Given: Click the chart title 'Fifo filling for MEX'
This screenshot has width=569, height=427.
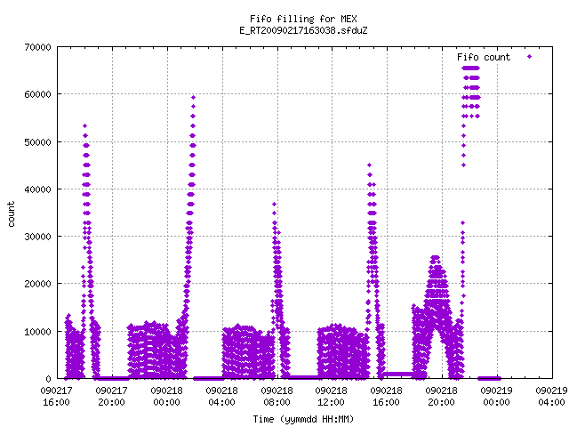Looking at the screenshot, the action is [303, 19].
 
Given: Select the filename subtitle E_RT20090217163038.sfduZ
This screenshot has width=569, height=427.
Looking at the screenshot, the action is [303, 30].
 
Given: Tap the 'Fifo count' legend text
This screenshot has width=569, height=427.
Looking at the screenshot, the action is [484, 57].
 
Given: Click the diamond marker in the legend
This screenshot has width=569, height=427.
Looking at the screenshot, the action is [530, 56].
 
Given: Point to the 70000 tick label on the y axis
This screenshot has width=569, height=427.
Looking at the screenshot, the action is [37, 47].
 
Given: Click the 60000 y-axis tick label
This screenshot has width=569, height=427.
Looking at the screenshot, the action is [37, 94].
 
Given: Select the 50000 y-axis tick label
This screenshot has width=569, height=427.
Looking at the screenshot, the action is [37, 142].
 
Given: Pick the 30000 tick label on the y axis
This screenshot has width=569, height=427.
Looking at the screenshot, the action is [37, 237].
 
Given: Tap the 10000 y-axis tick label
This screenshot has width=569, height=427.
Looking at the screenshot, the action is [37, 332].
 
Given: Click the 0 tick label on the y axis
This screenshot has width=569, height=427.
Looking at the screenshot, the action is [48, 379].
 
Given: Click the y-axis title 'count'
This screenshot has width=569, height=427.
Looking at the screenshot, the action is [11, 214].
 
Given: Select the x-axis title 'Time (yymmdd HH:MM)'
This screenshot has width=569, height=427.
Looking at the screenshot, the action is [303, 419].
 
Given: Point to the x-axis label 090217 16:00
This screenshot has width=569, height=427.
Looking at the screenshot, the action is [56, 396].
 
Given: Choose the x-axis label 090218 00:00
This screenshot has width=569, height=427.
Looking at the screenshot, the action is [166, 396].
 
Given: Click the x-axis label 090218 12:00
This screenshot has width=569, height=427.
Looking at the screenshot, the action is [331, 396].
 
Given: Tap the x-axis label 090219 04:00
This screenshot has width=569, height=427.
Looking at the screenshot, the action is [551, 396].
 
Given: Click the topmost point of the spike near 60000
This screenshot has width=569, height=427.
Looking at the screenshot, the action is [194, 97].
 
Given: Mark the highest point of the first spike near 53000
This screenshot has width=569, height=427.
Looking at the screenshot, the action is [85, 126].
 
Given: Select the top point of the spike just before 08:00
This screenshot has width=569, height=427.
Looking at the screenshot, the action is [275, 204].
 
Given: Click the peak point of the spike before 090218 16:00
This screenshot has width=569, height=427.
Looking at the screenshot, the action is [370, 165].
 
